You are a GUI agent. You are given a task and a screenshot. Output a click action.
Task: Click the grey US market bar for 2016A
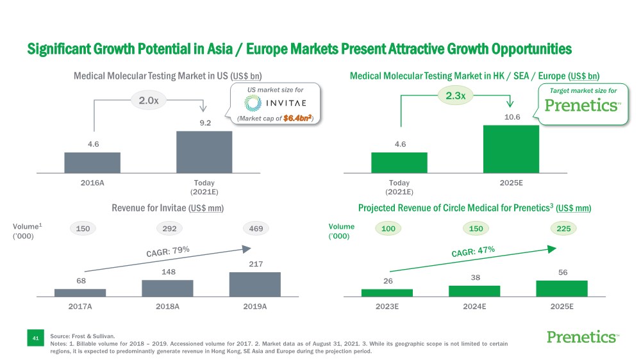point(92,163)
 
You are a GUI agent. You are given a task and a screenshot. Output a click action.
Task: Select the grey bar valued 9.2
point(204,152)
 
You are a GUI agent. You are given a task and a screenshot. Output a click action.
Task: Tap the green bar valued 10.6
point(511,149)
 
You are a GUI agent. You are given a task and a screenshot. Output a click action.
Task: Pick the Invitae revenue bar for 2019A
point(254,284)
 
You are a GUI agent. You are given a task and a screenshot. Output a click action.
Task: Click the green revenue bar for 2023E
point(387,293)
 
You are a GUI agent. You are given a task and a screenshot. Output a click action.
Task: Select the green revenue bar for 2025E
point(562,289)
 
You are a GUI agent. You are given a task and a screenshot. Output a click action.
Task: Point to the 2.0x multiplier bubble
point(149,100)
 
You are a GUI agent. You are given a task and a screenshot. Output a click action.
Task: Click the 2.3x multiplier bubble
point(455,96)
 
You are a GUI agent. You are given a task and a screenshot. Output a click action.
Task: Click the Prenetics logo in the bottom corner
point(583,338)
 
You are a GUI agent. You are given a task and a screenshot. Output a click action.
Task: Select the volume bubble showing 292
point(169,228)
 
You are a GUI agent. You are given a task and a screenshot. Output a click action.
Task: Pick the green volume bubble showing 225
point(562,228)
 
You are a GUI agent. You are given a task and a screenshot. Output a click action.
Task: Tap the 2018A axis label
point(167,306)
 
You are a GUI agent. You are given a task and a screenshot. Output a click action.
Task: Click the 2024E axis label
point(474,306)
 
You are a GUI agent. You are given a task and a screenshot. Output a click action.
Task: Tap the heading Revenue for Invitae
point(167,208)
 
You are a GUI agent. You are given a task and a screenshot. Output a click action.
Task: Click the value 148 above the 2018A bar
point(167,274)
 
